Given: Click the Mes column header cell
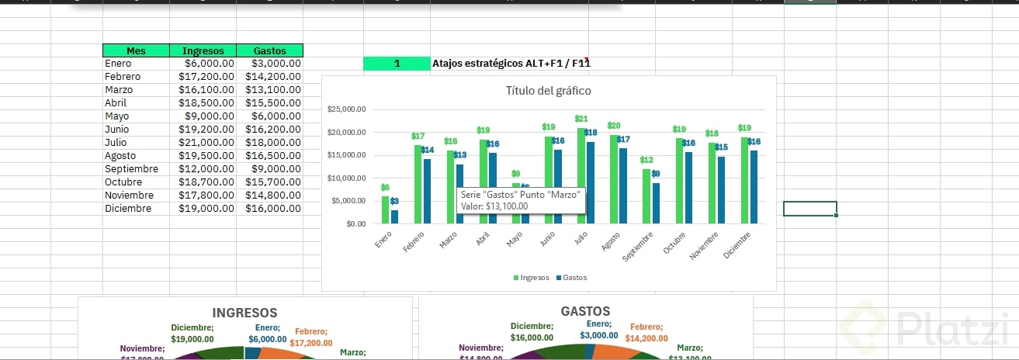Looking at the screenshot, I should [x=136, y=50].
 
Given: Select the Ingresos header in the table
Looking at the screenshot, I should [x=203, y=50].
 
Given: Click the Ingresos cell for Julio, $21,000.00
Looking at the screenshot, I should [x=203, y=143].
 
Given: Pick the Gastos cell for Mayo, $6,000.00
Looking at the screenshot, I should [x=269, y=116].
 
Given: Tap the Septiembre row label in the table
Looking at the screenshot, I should [x=131, y=169].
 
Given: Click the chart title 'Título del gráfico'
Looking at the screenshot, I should [x=548, y=91].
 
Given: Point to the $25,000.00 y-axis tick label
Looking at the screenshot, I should [x=347, y=109].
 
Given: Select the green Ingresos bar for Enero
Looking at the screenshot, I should [x=385, y=209].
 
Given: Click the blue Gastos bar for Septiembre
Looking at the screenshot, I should [x=657, y=203].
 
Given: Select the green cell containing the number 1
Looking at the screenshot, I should [x=397, y=64].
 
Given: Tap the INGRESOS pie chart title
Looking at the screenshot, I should [x=244, y=313].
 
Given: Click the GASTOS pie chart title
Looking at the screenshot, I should [x=585, y=311].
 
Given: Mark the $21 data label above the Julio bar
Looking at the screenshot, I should [x=581, y=119].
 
